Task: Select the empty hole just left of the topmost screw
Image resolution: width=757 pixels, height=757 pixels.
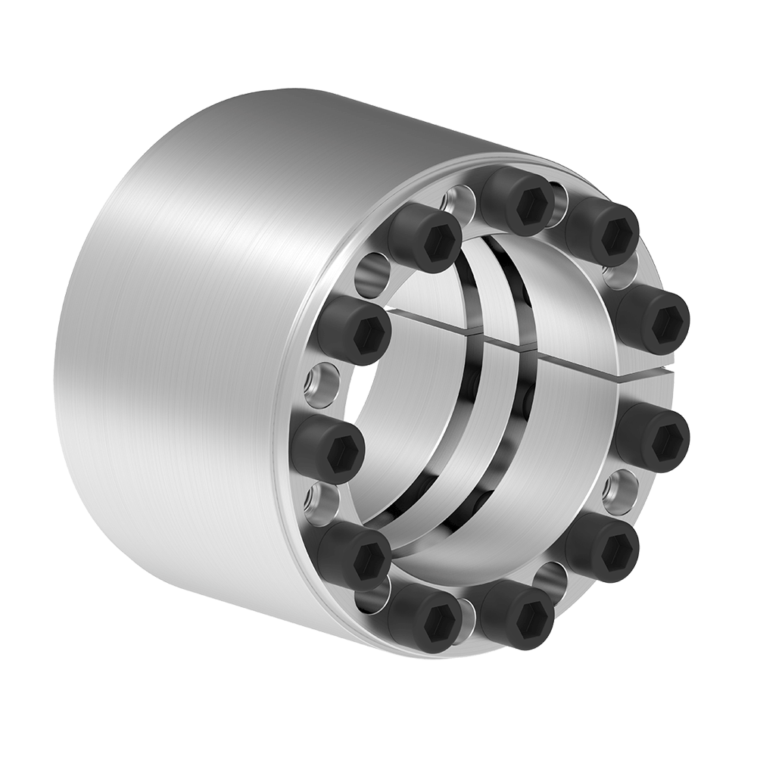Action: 459,201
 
